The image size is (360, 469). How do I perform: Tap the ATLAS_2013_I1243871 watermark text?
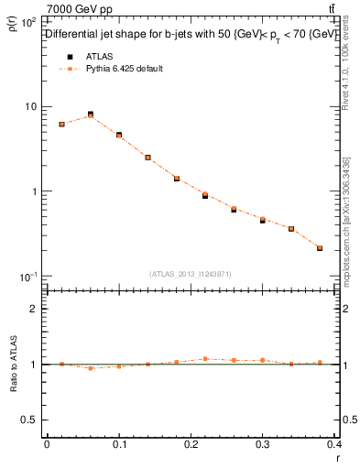point(191,274)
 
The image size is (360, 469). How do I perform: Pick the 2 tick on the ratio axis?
point(34,309)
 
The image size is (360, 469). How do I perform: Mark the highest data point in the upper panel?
point(90,115)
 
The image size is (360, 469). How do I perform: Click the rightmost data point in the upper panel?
point(320,247)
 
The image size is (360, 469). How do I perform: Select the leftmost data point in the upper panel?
point(61,124)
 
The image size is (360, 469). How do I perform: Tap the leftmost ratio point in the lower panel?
point(61,364)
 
